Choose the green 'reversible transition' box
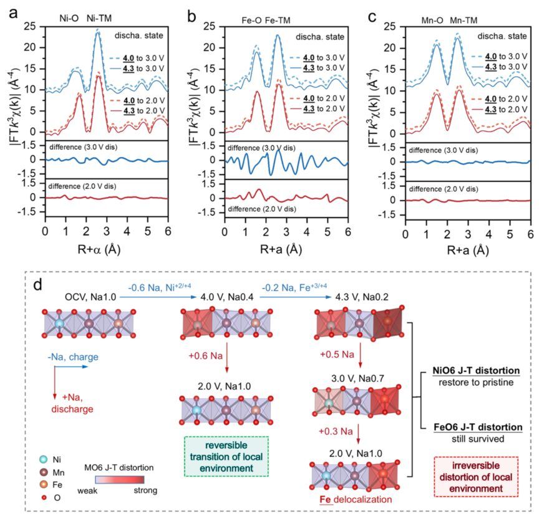[x=225, y=457]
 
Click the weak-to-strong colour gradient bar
[x=119, y=479]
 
